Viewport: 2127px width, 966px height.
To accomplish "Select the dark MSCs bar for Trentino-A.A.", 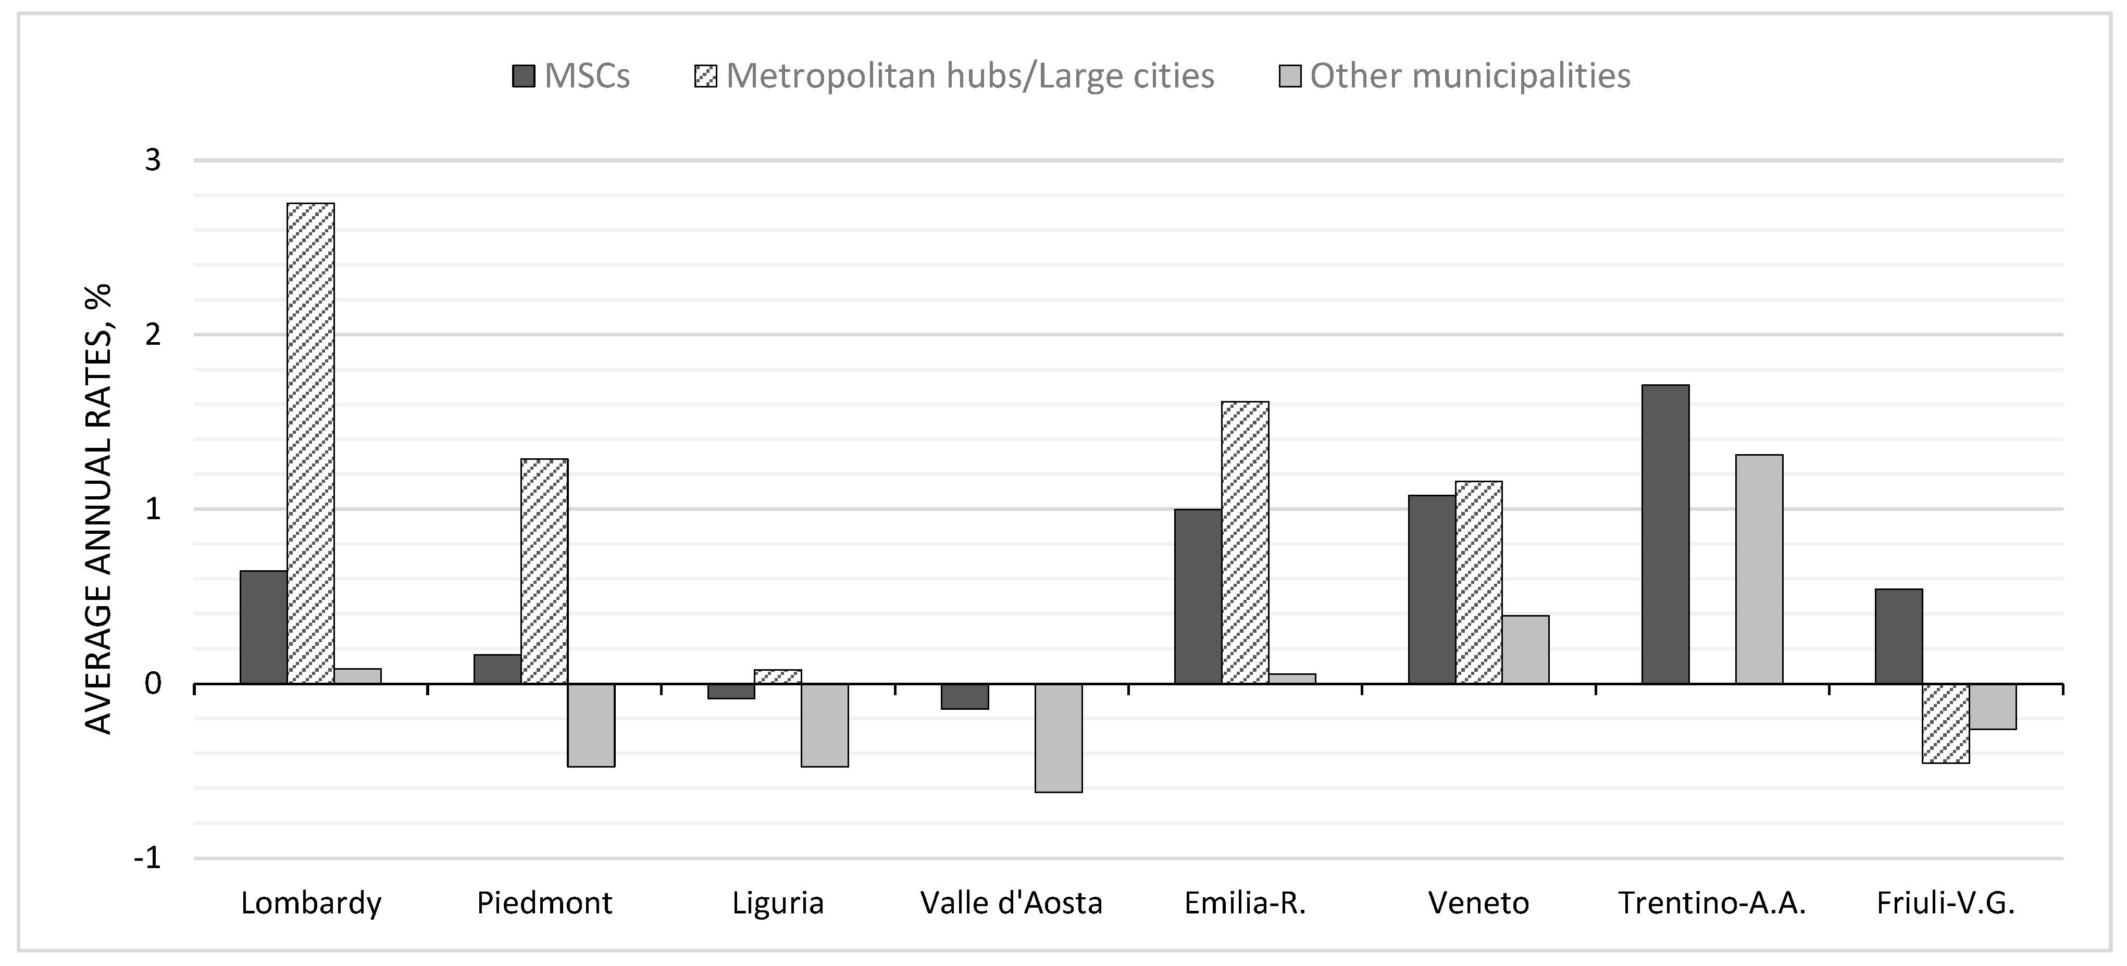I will click(x=1665, y=534).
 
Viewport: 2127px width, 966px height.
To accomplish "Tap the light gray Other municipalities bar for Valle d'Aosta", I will click(x=1059, y=737).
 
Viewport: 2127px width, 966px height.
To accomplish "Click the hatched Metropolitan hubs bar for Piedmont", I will click(x=544, y=571).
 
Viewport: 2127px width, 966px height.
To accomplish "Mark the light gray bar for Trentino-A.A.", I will click(x=1759, y=569).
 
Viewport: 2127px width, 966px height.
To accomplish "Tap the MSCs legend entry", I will click(x=571, y=76).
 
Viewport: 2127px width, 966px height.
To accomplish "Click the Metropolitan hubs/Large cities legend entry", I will click(x=954, y=76).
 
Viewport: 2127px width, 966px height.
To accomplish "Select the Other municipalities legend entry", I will click(x=1455, y=76).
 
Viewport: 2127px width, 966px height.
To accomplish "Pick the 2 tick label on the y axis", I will click(x=153, y=334).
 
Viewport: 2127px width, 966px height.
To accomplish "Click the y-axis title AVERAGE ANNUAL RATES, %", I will click(x=98, y=509).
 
